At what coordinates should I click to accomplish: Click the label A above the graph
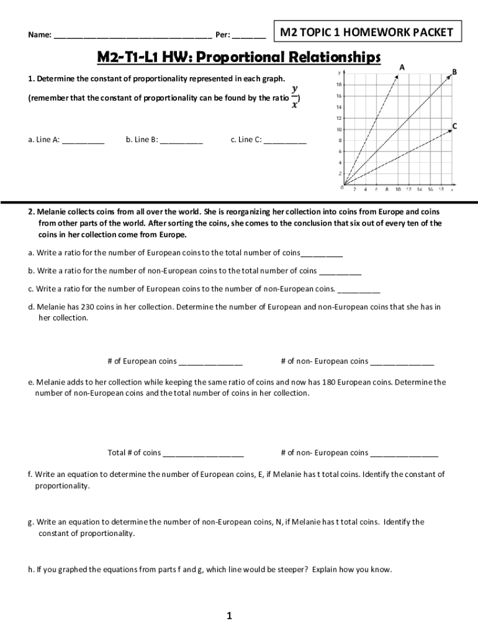click(402, 67)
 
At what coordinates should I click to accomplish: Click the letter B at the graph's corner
click(454, 72)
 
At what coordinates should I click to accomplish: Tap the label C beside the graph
click(455, 126)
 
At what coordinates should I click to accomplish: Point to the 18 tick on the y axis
click(338, 84)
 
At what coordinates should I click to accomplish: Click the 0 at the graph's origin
click(342, 187)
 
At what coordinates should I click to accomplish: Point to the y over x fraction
click(294, 97)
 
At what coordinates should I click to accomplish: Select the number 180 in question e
click(331, 383)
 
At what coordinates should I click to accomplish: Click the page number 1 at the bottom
click(229, 616)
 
